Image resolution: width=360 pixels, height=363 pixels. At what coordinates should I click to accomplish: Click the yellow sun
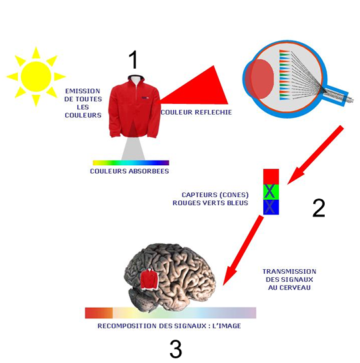(x=36, y=77)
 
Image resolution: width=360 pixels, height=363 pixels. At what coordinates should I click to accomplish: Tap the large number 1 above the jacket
(x=134, y=60)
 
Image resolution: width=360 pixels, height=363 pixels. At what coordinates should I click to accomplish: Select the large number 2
(x=319, y=208)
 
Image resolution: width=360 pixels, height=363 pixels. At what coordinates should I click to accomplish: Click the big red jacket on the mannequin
(x=135, y=108)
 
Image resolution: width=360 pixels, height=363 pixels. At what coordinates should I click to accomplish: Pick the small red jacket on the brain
(x=149, y=280)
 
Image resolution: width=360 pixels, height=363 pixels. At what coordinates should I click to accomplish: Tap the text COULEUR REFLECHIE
(x=197, y=113)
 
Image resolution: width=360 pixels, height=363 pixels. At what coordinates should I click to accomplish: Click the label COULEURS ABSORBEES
(x=129, y=171)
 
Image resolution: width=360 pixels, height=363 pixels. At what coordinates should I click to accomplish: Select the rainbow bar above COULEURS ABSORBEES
(x=131, y=163)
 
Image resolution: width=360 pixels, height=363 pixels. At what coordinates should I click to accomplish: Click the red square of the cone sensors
(x=271, y=177)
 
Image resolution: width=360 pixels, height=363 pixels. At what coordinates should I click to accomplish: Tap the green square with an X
(x=271, y=192)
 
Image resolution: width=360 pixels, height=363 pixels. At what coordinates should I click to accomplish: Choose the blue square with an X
(x=271, y=207)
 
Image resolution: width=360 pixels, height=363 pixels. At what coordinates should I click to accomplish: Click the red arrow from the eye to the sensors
(x=315, y=155)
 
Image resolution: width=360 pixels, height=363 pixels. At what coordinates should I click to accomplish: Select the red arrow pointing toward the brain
(x=243, y=250)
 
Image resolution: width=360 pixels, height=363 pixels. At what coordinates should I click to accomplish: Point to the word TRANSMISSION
(x=289, y=271)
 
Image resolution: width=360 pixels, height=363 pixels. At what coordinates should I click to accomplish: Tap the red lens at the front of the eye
(x=260, y=79)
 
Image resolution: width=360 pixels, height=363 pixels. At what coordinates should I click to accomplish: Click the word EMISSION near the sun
(x=83, y=91)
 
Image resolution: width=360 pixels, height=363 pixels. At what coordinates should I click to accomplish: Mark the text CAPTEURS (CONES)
(x=215, y=195)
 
